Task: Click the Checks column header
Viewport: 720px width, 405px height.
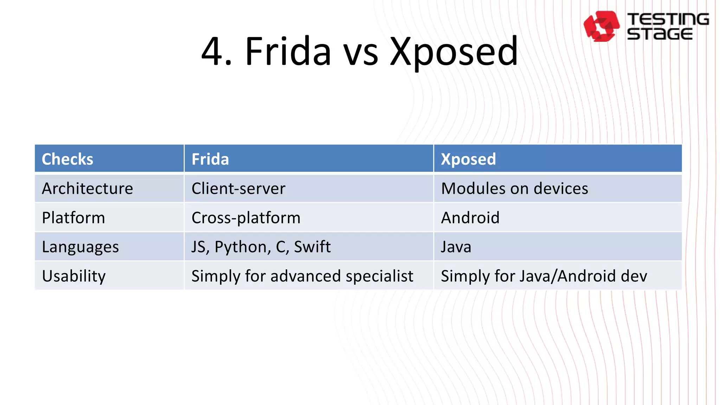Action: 67,159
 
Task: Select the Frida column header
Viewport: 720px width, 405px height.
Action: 210,159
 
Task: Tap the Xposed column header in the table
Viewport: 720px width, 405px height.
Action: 468,159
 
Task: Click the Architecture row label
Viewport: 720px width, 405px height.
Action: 88,189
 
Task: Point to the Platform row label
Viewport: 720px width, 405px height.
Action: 73,218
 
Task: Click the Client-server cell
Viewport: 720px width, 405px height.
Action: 238,189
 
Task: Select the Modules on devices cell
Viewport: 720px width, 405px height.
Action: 514,189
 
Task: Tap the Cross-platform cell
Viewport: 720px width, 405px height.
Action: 246,218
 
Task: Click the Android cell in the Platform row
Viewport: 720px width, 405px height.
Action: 470,218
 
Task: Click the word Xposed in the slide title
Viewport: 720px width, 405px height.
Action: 454,52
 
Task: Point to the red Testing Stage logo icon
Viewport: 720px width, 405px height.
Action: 601,26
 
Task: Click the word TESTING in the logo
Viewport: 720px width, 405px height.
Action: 668,19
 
